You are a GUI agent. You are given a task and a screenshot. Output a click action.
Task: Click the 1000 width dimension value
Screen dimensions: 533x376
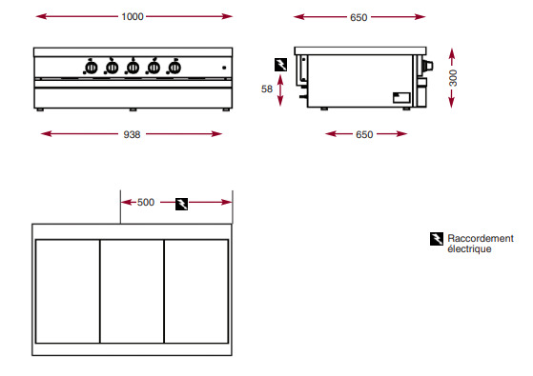133,16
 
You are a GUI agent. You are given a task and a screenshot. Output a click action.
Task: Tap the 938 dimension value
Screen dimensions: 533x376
132,135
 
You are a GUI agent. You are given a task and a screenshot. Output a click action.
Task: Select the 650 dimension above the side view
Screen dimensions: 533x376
359,17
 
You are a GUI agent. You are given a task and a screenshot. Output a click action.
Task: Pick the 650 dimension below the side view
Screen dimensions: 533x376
364,135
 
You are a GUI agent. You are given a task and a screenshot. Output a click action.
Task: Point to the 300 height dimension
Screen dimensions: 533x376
453,78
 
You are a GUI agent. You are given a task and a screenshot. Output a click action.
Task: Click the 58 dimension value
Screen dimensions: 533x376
267,89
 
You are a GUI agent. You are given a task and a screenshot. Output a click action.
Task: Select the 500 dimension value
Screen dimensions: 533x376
146,202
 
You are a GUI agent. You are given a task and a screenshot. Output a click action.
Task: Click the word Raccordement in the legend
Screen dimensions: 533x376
481,238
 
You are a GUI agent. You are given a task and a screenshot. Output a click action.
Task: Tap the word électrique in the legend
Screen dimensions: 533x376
469,248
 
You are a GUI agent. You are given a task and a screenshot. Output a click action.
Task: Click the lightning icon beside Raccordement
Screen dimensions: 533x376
437,239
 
